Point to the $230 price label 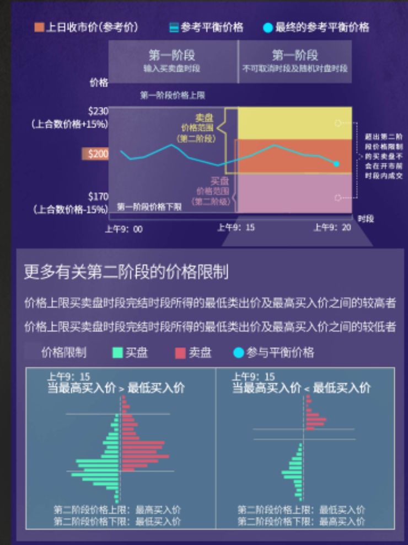(x=98, y=112)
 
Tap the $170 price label (x=98, y=196)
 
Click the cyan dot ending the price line (x=336, y=163)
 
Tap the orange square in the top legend (x=39, y=27)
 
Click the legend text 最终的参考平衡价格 (x=322, y=27)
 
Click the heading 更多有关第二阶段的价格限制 (x=126, y=272)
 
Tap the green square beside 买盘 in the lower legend (x=117, y=353)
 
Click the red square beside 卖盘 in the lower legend (x=180, y=353)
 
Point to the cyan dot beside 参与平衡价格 (x=238, y=353)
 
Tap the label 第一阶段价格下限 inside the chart (x=149, y=207)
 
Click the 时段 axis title (x=366, y=219)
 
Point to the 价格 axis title (x=99, y=83)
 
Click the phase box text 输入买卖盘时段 (x=171, y=68)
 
